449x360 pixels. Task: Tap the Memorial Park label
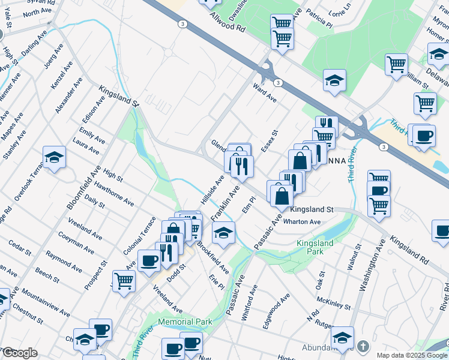point(185,322)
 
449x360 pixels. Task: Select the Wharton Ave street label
point(302,221)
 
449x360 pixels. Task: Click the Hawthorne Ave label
point(118,194)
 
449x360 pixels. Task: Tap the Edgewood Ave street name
point(276,310)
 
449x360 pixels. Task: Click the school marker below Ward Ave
point(335,81)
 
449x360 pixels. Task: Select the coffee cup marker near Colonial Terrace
point(149,261)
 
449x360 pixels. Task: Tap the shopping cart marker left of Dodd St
point(124,280)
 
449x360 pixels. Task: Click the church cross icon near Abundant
point(363,346)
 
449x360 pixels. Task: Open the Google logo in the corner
point(20,353)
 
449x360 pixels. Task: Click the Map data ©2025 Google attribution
point(412,355)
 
